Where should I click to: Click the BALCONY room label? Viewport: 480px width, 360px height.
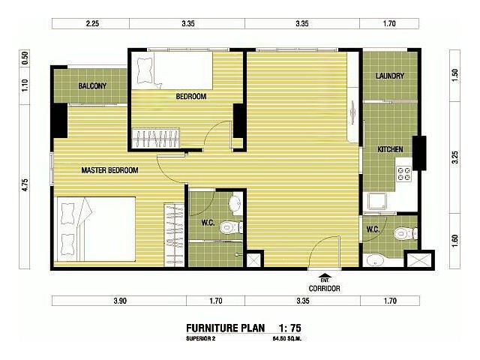coord(92,86)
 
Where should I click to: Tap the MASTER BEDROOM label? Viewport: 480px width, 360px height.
coord(109,170)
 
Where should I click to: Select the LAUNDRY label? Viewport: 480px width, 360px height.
coord(390,76)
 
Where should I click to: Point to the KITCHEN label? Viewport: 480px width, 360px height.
coord(390,149)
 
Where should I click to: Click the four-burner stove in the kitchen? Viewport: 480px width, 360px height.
coord(403,173)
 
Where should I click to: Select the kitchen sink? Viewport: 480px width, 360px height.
coord(377,201)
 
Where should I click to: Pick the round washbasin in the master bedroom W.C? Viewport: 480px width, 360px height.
coord(235,202)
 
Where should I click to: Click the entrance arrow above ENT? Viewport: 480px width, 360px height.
coord(324,274)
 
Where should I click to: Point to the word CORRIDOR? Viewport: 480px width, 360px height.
coord(324,288)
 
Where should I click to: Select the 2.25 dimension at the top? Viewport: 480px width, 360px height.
coord(92,23)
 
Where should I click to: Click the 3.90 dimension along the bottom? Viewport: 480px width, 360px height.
coord(120,301)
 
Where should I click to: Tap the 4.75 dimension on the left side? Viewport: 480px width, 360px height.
coord(25,185)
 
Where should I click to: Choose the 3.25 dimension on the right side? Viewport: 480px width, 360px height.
coord(455,157)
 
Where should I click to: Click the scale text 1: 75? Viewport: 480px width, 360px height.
coord(289,328)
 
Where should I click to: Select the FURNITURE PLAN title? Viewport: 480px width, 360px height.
coord(226,328)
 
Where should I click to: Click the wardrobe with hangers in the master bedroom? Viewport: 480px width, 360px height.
coord(174,235)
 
